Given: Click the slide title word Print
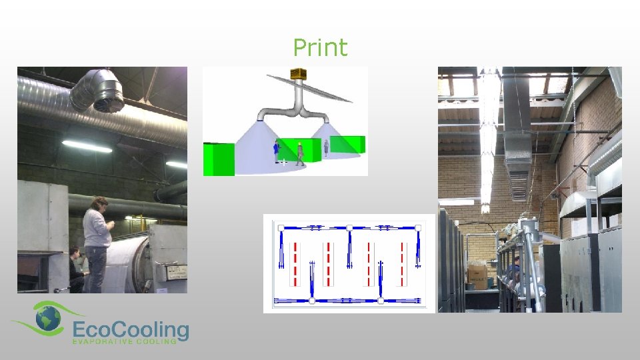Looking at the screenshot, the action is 320,48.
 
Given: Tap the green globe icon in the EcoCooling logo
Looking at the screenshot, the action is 48,321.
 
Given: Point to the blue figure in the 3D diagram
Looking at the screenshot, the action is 276,151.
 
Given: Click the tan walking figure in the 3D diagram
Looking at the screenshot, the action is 300,153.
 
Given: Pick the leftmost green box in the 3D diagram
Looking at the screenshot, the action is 219,159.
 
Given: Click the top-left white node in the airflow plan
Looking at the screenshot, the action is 281,228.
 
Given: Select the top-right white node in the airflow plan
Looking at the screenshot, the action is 418,228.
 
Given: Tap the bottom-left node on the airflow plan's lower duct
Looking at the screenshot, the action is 311,301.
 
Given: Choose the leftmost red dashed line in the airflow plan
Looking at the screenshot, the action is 295,256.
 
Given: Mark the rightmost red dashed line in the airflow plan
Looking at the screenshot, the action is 403,256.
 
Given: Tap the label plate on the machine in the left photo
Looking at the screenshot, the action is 177,273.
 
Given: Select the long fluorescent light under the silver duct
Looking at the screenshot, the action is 87,146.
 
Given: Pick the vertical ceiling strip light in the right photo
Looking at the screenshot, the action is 489,140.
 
